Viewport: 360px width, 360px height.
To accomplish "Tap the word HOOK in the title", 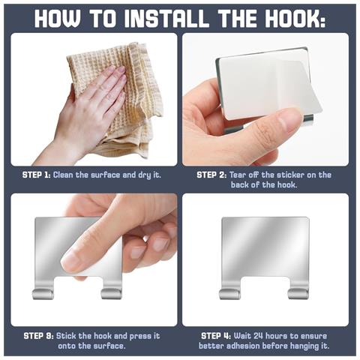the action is pos(290,19).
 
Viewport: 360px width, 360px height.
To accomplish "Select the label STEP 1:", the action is pos(37,175).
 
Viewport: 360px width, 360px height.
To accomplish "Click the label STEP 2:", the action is pos(211,175).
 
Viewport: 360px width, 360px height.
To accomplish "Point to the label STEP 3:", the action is pos(38,336).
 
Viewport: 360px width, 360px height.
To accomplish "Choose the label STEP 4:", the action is pos(216,336).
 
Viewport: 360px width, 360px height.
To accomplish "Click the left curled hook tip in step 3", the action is pos(43,294).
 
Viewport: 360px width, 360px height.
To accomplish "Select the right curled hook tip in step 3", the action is pos(112,294).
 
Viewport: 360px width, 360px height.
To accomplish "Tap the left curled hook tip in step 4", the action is pos(229,294).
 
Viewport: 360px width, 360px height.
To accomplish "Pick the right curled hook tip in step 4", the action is pos(298,294).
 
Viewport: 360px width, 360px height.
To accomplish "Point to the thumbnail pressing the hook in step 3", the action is pos(70,261).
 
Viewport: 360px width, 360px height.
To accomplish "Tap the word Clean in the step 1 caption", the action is pos(63,175).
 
